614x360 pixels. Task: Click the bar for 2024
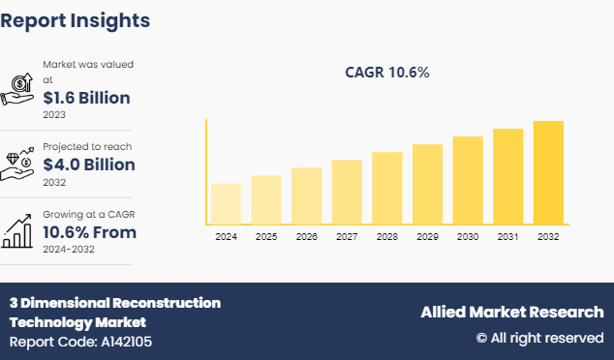[x=226, y=203]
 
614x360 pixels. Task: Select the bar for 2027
[x=347, y=192]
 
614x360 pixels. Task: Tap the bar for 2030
[x=467, y=180]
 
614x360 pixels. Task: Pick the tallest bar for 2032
[x=548, y=172]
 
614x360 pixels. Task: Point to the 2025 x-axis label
[x=266, y=236]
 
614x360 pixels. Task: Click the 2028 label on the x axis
[x=386, y=236]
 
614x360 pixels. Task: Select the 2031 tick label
[x=507, y=236]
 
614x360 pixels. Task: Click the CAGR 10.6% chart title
[x=387, y=73]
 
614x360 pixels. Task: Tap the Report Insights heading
[x=76, y=19]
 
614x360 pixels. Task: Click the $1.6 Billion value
[x=86, y=98]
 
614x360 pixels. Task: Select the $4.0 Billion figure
[x=89, y=165]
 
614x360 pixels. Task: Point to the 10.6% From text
[x=89, y=232]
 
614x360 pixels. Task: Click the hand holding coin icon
[x=19, y=87]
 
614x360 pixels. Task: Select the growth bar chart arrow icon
[x=19, y=228]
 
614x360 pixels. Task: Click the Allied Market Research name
[x=511, y=312]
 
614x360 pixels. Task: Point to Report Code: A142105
[x=80, y=342]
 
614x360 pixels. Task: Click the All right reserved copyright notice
[x=538, y=338]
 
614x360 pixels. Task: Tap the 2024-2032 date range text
[x=69, y=250]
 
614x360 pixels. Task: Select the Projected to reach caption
[x=87, y=146]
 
